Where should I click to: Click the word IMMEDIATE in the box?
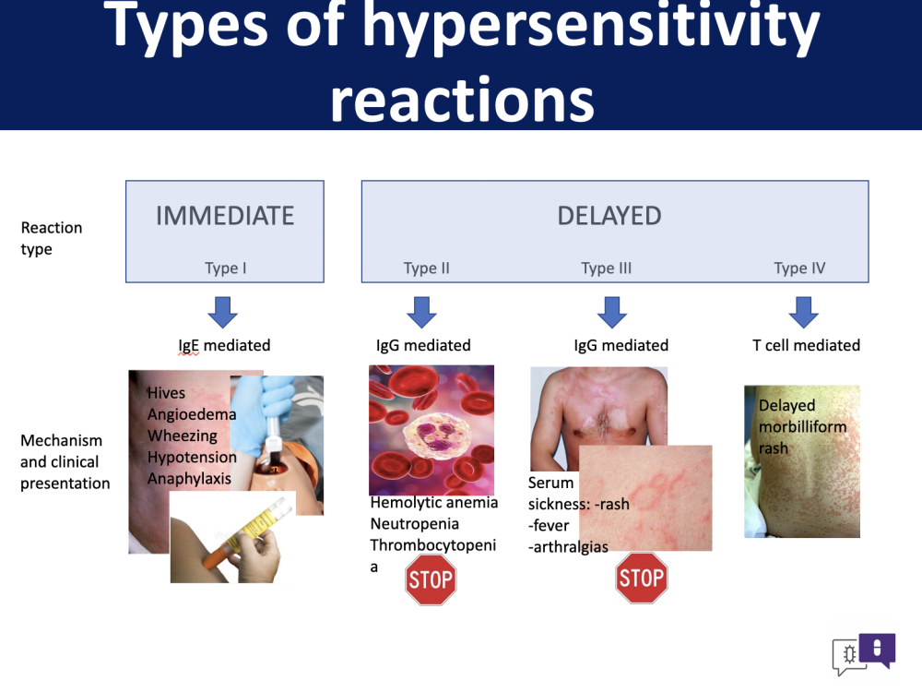225,216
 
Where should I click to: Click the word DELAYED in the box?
609,216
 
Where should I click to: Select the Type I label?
225,268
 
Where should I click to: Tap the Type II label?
426,268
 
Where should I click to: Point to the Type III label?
607,268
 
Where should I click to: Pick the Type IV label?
799,268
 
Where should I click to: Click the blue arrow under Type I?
223,312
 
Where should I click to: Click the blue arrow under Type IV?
803,312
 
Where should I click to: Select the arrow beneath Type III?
612,312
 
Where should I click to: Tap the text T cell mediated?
806,345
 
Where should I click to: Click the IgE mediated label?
224,345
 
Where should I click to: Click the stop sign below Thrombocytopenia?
431,579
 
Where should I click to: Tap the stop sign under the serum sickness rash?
642,578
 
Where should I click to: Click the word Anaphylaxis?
189,479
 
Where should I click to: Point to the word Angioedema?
192,415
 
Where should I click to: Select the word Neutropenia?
415,524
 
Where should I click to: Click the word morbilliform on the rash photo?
803,426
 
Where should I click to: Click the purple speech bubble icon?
877,649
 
